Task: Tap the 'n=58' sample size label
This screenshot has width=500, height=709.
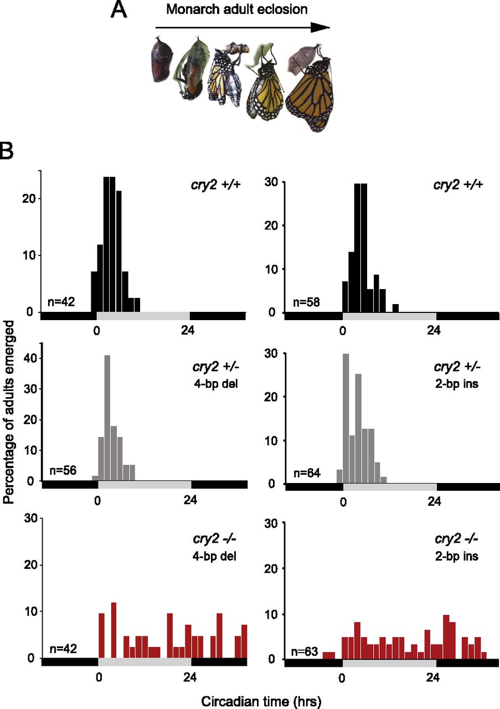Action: tap(307, 302)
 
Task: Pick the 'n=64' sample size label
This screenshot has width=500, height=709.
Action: tap(307, 473)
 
